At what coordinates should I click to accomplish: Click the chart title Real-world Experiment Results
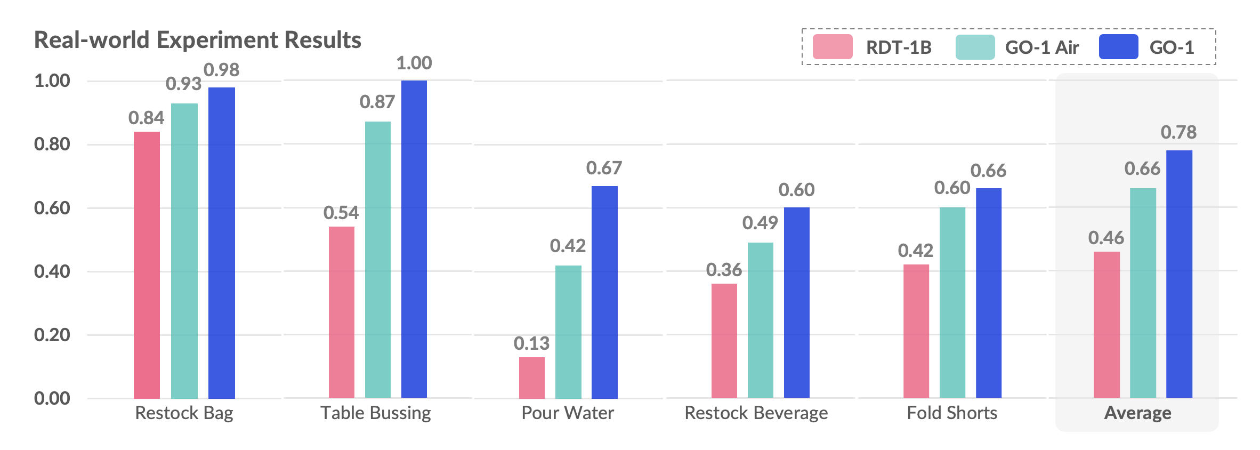click(x=197, y=40)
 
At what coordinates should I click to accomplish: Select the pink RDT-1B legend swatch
click(x=832, y=47)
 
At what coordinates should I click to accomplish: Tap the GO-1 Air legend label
click(x=1041, y=47)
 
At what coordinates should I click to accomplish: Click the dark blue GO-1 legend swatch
click(x=1118, y=47)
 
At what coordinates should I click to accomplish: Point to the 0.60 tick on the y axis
click(x=52, y=208)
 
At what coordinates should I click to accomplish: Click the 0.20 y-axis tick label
click(x=52, y=335)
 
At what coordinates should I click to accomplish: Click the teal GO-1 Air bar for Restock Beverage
click(x=760, y=320)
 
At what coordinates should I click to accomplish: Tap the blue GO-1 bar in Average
click(x=1179, y=274)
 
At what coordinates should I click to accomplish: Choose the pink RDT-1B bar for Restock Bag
click(x=147, y=264)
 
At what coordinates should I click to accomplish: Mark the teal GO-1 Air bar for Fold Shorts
click(x=952, y=302)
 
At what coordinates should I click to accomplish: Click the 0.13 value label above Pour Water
click(x=531, y=343)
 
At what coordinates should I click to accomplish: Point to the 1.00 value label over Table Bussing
click(x=414, y=63)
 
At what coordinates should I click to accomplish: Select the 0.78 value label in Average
click(x=1178, y=132)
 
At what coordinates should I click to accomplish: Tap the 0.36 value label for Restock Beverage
click(x=724, y=270)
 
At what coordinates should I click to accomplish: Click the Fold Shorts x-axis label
click(x=952, y=413)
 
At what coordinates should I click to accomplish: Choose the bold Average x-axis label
click(x=1137, y=413)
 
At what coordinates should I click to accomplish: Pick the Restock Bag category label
click(x=184, y=413)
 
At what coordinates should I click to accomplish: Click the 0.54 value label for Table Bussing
click(x=341, y=213)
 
